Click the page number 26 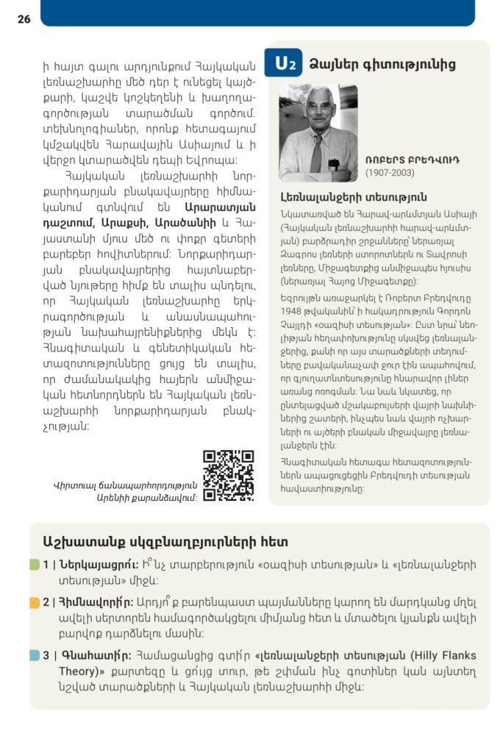[x=24, y=19]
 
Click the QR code [x=228, y=476]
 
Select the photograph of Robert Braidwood [x=318, y=133]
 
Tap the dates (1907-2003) [x=390, y=173]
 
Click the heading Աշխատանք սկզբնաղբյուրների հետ [x=165, y=542]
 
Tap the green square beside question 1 [x=35, y=565]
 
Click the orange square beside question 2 [x=35, y=602]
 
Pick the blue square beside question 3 [x=35, y=655]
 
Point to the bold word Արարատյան [x=220, y=208]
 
